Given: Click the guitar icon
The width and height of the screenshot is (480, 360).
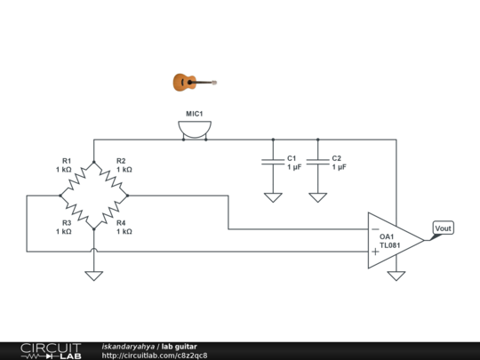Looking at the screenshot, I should tap(194, 83).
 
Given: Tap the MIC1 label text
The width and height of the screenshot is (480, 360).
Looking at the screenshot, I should tap(194, 114).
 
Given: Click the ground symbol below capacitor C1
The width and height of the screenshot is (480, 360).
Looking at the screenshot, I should tap(272, 197).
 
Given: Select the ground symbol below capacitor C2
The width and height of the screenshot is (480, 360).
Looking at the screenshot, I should tap(317, 197).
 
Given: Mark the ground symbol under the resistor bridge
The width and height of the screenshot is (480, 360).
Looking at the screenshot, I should tap(93, 276).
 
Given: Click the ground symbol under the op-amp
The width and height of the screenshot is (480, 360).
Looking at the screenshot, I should tap(396, 276).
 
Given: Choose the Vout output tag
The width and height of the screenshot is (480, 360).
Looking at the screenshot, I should tap(443, 228).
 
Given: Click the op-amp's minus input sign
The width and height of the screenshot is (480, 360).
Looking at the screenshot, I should tap(375, 229).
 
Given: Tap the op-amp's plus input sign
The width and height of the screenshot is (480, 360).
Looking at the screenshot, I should tap(375, 252).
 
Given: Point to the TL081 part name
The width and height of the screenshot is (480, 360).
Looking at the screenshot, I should tap(388, 244).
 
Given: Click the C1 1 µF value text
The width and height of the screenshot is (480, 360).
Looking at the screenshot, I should tap(293, 167).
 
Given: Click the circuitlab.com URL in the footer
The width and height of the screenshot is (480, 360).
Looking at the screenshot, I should tap(155, 355).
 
